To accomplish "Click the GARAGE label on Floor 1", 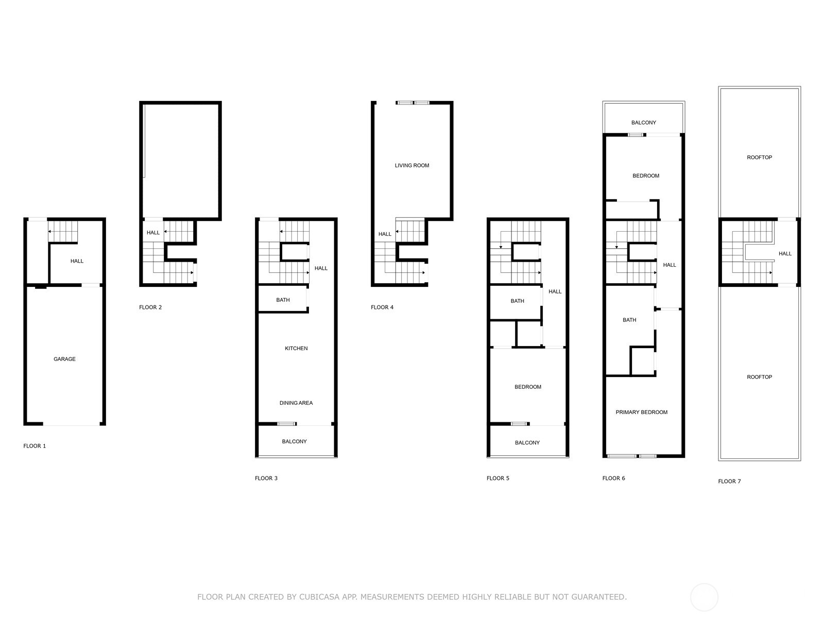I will pyautogui.click(x=64, y=359).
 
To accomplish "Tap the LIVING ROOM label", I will pyautogui.click(x=412, y=165).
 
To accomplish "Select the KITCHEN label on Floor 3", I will pyautogui.click(x=296, y=349).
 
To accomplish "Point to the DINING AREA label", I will pyautogui.click(x=296, y=403).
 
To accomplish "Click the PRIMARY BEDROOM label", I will pyautogui.click(x=642, y=412).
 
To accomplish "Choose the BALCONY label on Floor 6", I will pyautogui.click(x=644, y=123).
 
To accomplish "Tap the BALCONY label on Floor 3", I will pyautogui.click(x=294, y=441).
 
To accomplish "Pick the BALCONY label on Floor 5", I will pyautogui.click(x=527, y=442).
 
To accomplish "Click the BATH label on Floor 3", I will pyautogui.click(x=283, y=300).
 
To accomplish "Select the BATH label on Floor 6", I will pyautogui.click(x=629, y=320).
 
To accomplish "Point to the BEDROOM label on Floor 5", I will pyautogui.click(x=528, y=387).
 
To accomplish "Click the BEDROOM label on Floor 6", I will pyautogui.click(x=646, y=176).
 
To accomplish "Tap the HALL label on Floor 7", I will pyautogui.click(x=785, y=253).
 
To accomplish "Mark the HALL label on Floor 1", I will pyautogui.click(x=77, y=261).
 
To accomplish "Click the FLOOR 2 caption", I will pyautogui.click(x=150, y=307).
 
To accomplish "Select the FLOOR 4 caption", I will pyautogui.click(x=382, y=307).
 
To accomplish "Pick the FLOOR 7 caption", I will pyautogui.click(x=729, y=482).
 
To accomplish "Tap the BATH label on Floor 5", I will pyautogui.click(x=517, y=301).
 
